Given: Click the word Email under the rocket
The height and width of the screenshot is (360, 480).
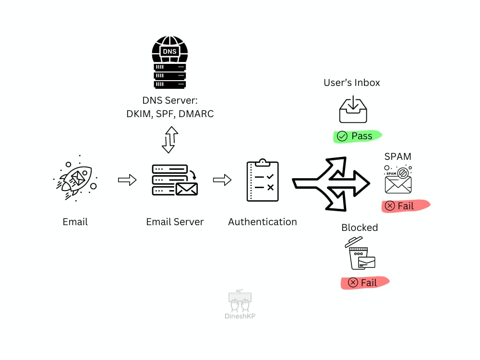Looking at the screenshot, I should pyautogui.click(x=75, y=222).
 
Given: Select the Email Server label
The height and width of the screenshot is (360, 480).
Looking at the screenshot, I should pyautogui.click(x=175, y=222).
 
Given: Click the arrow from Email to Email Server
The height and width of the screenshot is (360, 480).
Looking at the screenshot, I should pyautogui.click(x=127, y=180).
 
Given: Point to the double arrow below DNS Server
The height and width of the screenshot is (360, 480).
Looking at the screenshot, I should pyautogui.click(x=169, y=140).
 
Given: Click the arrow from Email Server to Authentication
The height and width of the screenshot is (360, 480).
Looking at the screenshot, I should pyautogui.click(x=222, y=180).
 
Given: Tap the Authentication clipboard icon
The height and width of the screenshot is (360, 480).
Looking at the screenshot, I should pyautogui.click(x=262, y=180).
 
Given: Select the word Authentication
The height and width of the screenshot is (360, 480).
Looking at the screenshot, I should pyautogui.click(x=262, y=222).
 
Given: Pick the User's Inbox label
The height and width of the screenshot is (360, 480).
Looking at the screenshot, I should pyautogui.click(x=352, y=83).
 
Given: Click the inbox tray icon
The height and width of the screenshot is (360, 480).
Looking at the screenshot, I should pyautogui.click(x=353, y=109).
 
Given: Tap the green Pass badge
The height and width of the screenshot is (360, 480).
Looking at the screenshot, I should pyautogui.click(x=358, y=136).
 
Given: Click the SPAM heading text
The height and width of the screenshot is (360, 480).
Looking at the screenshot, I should pyautogui.click(x=397, y=156).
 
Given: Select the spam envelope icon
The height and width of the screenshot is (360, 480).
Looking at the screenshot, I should pyautogui.click(x=398, y=180).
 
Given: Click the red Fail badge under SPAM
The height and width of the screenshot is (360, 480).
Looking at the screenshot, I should pyautogui.click(x=405, y=206).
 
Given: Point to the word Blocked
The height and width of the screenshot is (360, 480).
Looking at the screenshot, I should pyautogui.click(x=360, y=228).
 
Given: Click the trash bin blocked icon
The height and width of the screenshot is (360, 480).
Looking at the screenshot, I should pyautogui.click(x=360, y=253).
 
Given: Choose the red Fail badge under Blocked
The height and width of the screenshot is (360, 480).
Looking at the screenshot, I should pyautogui.click(x=365, y=283).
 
